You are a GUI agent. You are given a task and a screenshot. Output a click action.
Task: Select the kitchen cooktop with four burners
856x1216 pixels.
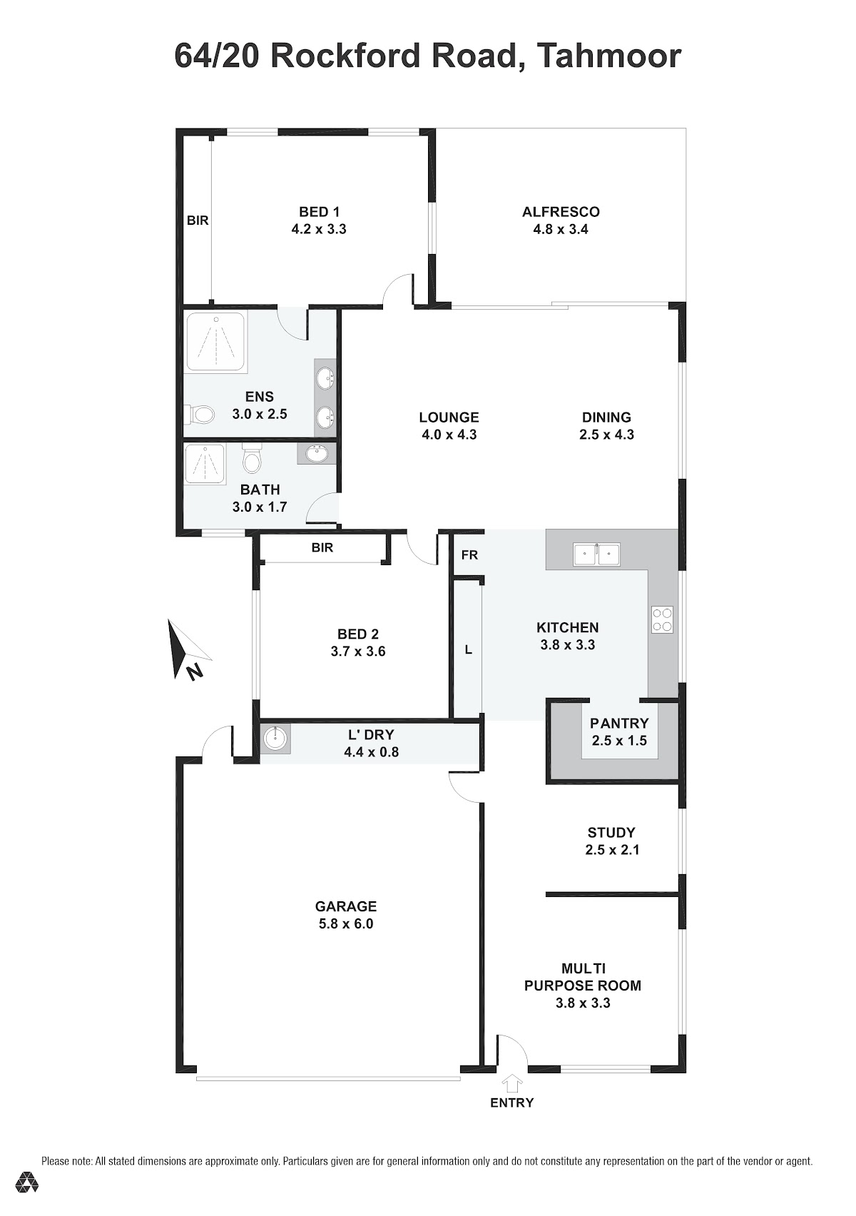(662, 619)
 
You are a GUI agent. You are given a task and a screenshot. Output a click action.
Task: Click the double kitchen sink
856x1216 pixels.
(596, 554)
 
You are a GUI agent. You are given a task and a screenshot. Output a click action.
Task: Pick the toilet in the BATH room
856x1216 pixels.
(251, 458)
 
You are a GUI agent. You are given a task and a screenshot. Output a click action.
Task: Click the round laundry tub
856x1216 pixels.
(275, 739)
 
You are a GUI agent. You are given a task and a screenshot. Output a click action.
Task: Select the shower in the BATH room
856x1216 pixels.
(205, 465)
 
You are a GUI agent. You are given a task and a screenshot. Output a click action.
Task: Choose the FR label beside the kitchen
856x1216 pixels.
(469, 554)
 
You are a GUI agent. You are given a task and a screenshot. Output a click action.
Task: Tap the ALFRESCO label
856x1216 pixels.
(561, 212)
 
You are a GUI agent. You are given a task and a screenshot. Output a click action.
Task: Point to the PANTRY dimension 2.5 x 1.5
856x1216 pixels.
(618, 741)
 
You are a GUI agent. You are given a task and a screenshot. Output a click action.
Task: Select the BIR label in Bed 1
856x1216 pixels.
(198, 221)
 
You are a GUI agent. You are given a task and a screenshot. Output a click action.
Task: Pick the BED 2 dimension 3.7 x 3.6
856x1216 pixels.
(357, 652)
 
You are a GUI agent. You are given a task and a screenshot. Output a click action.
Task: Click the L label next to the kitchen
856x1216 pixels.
(469, 649)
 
